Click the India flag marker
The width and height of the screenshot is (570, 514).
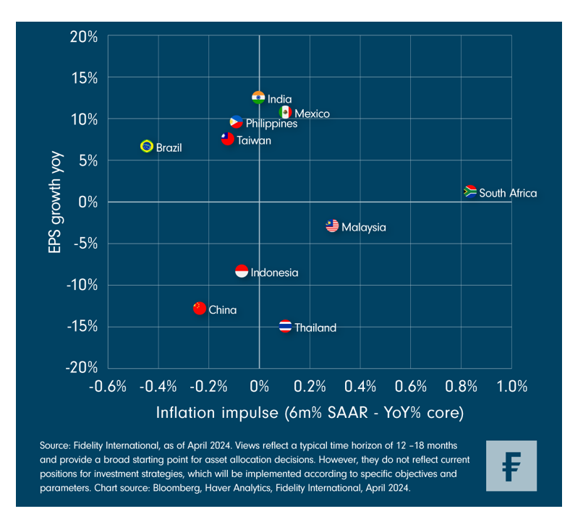point(258,98)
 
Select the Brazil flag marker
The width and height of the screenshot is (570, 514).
point(147,146)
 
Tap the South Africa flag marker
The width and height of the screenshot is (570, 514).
point(470,192)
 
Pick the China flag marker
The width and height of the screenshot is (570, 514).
point(200,309)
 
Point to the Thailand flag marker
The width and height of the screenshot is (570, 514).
point(286,326)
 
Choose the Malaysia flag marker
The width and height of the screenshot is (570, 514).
point(332,226)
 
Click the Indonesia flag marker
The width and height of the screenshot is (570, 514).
point(242,271)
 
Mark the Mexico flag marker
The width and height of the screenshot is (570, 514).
point(286,112)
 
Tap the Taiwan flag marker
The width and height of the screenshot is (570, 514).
point(228,139)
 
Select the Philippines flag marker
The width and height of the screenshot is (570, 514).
point(237,122)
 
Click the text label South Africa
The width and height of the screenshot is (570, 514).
point(508,193)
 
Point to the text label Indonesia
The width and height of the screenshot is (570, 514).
point(274,273)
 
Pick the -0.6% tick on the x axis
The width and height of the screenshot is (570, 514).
point(106,386)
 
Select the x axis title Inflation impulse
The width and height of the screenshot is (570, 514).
point(310,413)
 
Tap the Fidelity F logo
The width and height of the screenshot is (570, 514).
point(511,465)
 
